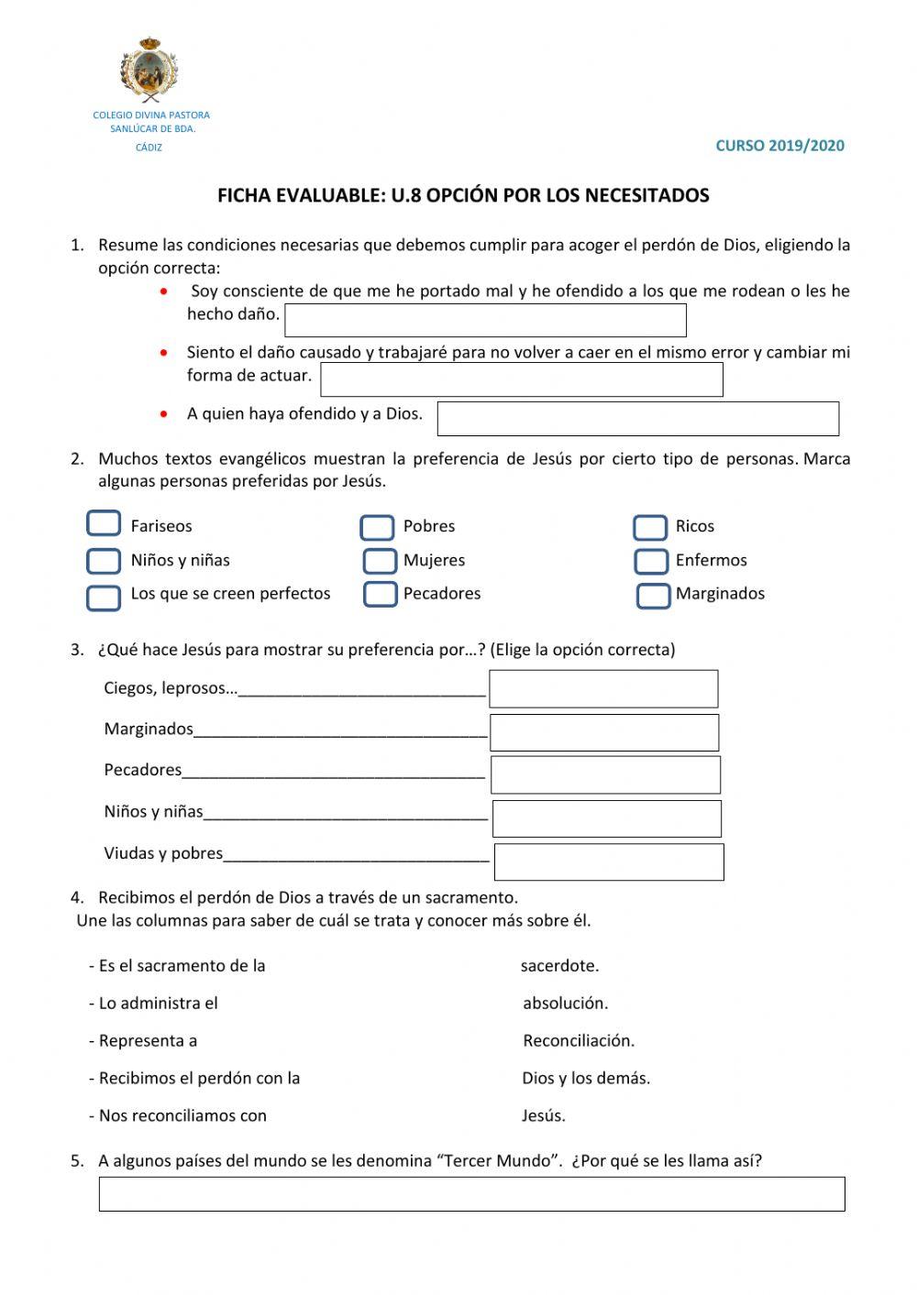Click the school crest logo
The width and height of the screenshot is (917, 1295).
coord(149,71)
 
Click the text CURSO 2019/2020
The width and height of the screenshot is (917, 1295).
coord(779,145)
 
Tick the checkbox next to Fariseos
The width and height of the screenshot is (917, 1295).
coord(104,523)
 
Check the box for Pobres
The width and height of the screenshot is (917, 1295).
coord(377,527)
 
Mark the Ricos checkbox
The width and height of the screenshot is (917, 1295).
coord(650,527)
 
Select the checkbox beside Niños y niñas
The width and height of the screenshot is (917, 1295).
coord(104,560)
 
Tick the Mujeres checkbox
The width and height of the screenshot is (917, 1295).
coord(380,560)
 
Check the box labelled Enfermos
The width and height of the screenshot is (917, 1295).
coord(651,560)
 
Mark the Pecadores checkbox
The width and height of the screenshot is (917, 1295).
coord(380,594)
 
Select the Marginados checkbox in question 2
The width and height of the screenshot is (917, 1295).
coord(653,595)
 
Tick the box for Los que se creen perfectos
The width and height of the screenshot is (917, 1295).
coord(104,598)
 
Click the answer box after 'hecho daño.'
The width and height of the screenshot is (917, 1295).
coord(485,320)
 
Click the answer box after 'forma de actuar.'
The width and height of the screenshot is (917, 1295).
coord(521,379)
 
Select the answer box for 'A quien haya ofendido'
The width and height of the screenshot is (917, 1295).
coord(637,418)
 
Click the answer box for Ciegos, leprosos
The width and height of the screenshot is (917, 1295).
coord(603,688)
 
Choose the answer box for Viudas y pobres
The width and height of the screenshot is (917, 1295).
coord(609,862)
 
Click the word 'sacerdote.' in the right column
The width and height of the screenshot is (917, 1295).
coord(559,965)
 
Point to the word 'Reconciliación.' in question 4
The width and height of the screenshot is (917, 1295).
coord(579,1040)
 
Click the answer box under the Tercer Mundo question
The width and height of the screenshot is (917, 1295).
coord(471,1194)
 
